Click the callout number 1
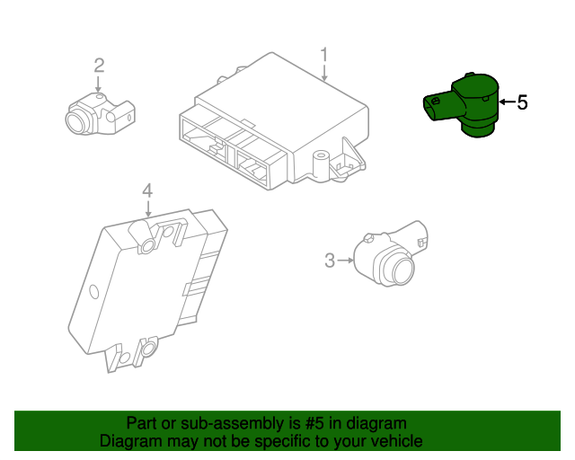(324, 56)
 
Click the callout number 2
(99, 65)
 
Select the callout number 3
(330, 261)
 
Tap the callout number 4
(147, 190)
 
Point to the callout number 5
(522, 103)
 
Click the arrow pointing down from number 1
(324, 75)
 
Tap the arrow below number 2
(98, 82)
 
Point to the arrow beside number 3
(345, 261)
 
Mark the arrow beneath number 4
(147, 207)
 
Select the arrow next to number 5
(506, 103)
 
